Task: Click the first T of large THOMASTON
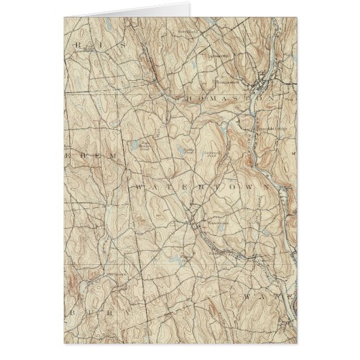pos(178,99)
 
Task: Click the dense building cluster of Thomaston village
pos(262,84)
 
